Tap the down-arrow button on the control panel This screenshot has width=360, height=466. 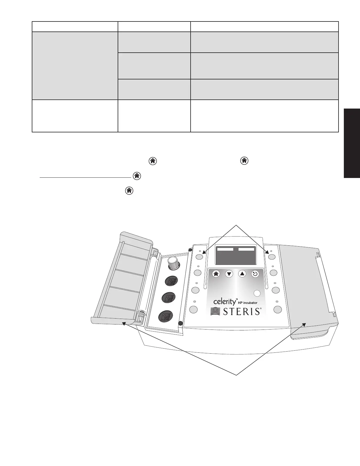point(229,274)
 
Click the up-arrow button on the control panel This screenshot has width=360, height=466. point(242,274)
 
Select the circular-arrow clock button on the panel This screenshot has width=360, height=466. point(255,274)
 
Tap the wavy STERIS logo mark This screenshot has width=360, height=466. point(216,312)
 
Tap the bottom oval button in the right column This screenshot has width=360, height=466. point(277,309)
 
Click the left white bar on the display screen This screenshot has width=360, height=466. point(225,249)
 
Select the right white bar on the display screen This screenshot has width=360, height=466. point(246,249)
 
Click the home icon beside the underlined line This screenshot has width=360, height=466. point(136,176)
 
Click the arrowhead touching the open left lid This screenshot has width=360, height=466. point(124,324)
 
